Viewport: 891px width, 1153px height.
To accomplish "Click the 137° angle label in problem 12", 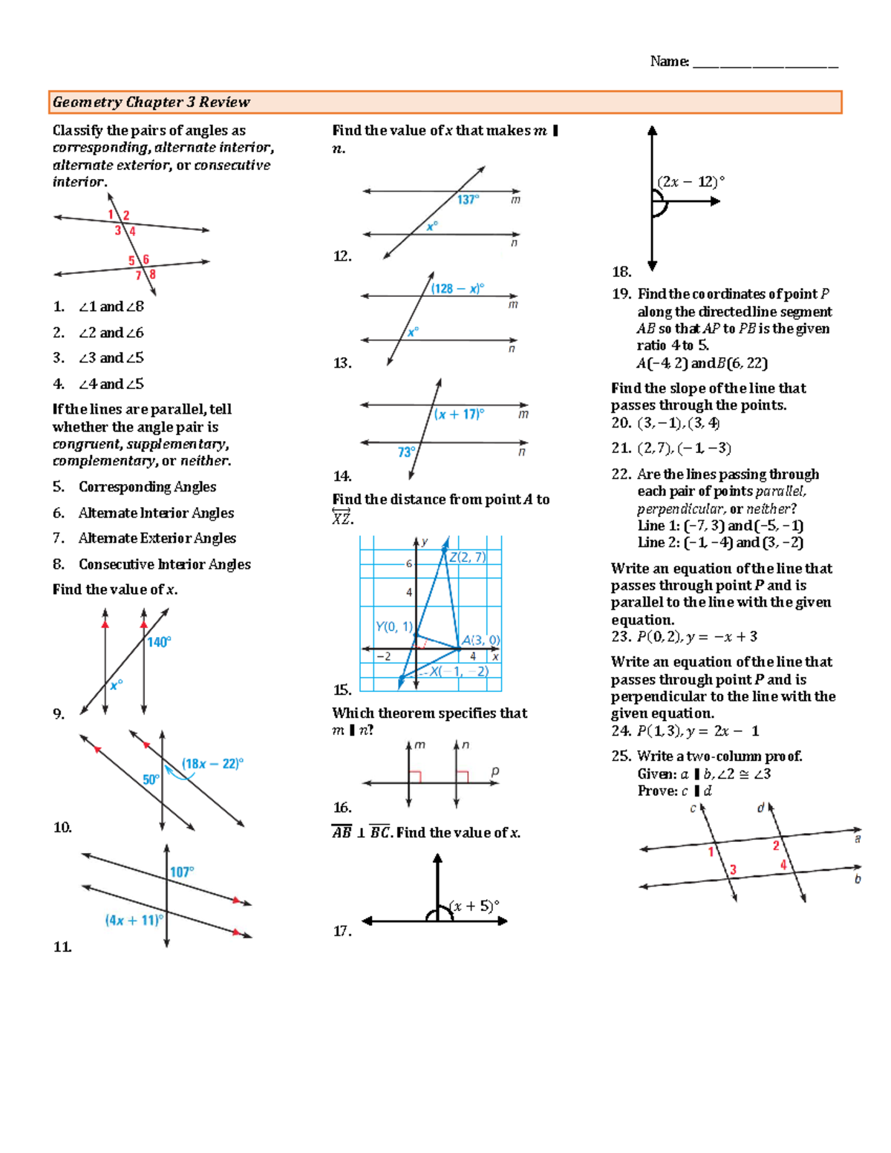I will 468,199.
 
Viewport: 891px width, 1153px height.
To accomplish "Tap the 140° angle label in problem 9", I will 159,642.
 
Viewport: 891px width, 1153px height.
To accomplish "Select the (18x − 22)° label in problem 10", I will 213,763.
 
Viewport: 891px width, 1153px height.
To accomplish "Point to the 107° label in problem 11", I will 182,872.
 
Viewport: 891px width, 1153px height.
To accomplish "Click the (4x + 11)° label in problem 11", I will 134,920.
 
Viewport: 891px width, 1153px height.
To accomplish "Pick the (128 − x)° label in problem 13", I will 457,288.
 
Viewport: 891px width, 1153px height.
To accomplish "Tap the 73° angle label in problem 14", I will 406,452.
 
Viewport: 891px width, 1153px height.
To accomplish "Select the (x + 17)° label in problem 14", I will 459,414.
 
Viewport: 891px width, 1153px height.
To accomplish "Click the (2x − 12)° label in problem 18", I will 691,181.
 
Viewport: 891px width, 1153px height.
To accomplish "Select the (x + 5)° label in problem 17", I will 475,906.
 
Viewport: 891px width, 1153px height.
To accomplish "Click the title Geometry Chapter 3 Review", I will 151,102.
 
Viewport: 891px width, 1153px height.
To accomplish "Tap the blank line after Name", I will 765,62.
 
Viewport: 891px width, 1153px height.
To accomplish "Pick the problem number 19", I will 621,294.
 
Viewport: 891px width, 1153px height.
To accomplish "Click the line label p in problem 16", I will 495,771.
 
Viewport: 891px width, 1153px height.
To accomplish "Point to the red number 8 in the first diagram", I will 152,275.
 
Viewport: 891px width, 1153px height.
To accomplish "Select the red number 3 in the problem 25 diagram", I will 733,869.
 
